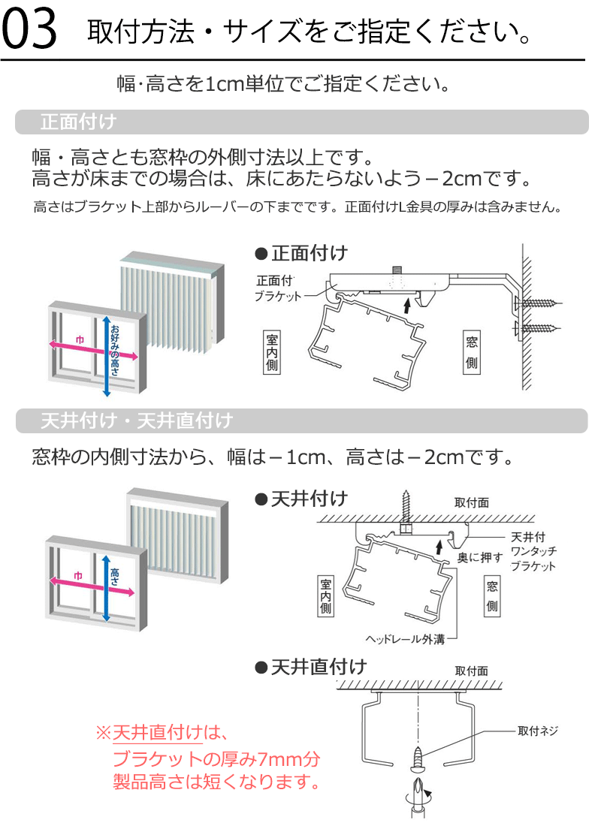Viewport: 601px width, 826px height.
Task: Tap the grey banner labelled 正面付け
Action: (300, 122)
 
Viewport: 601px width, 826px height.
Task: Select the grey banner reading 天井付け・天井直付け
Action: (300, 421)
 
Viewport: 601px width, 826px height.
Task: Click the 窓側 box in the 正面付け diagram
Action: (472, 352)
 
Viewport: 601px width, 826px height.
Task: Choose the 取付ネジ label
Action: (538, 731)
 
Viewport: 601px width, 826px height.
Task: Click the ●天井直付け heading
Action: (311, 666)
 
